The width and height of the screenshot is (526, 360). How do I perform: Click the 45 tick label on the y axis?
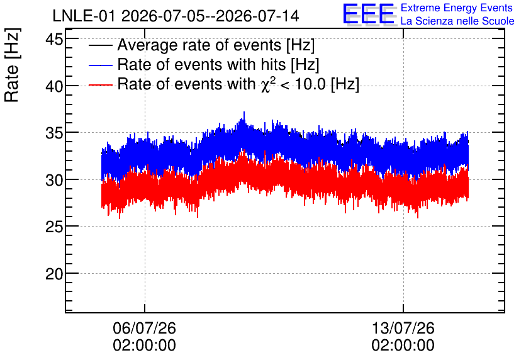tap(54, 40)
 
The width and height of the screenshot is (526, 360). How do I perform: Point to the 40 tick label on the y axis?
tap(54, 87)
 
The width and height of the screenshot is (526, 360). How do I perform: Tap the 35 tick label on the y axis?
tap(54, 133)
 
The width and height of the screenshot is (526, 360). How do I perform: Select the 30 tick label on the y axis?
tap(54, 181)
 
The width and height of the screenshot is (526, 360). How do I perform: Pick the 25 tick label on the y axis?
tap(54, 227)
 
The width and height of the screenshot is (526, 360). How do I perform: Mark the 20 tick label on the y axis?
tap(54, 274)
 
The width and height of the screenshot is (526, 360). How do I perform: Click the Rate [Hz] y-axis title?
tap(12, 65)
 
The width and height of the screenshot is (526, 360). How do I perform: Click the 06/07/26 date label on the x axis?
tap(144, 328)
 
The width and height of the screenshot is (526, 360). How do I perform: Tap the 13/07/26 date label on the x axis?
tap(403, 328)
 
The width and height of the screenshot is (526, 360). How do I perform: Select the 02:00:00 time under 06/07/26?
tap(144, 346)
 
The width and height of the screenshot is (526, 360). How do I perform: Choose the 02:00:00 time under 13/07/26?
tap(403, 346)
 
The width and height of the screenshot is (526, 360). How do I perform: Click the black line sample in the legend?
tap(100, 45)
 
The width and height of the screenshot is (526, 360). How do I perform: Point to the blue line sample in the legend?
tap(100, 65)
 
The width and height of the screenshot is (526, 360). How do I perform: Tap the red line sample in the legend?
tap(100, 84)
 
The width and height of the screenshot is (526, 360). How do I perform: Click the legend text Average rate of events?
tap(199, 45)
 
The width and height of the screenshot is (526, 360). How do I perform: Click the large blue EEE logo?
tap(369, 14)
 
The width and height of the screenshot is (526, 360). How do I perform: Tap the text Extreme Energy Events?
tap(457, 8)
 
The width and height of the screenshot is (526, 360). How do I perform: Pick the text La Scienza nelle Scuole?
tap(457, 21)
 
